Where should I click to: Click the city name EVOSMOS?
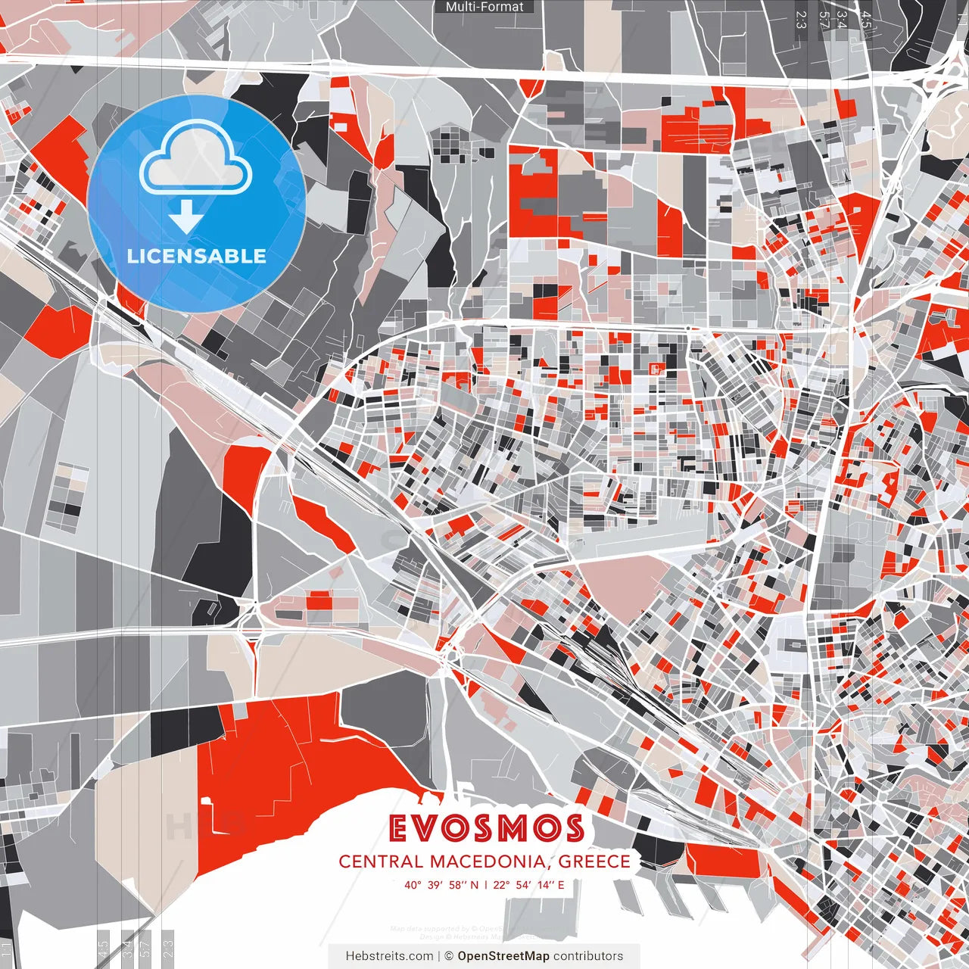pyautogui.click(x=486, y=829)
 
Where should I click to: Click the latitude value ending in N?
pyautogui.click(x=441, y=884)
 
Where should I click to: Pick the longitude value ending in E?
pyautogui.click(x=531, y=884)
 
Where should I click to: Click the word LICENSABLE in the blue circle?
pyautogui.click(x=197, y=256)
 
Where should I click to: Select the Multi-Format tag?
pyautogui.click(x=484, y=7)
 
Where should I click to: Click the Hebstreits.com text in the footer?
pyautogui.click(x=389, y=956)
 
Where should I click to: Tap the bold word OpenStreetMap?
pyautogui.click(x=503, y=956)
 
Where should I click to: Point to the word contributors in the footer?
pyautogui.click(x=588, y=956)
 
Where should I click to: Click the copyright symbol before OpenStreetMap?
pyautogui.click(x=449, y=956)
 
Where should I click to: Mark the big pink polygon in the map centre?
pyautogui.click(x=617, y=587)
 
